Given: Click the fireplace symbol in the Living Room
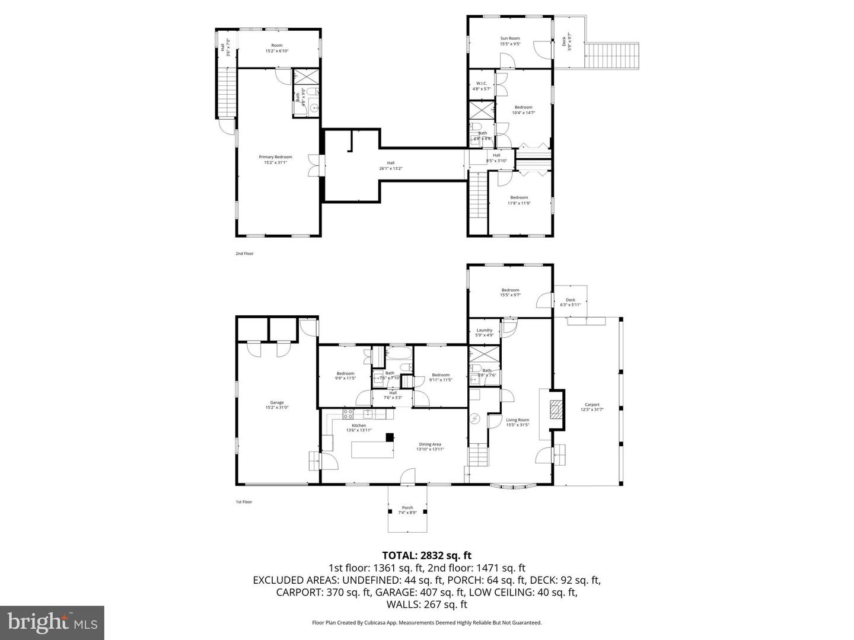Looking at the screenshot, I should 556,409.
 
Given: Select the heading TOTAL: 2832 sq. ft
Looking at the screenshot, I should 426,555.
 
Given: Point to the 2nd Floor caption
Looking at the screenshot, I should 244,254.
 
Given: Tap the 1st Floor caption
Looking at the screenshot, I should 244,502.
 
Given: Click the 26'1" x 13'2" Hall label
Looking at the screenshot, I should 391,166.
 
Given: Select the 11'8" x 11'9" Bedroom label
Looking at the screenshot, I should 518,200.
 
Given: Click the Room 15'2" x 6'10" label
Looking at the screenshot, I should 276,48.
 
